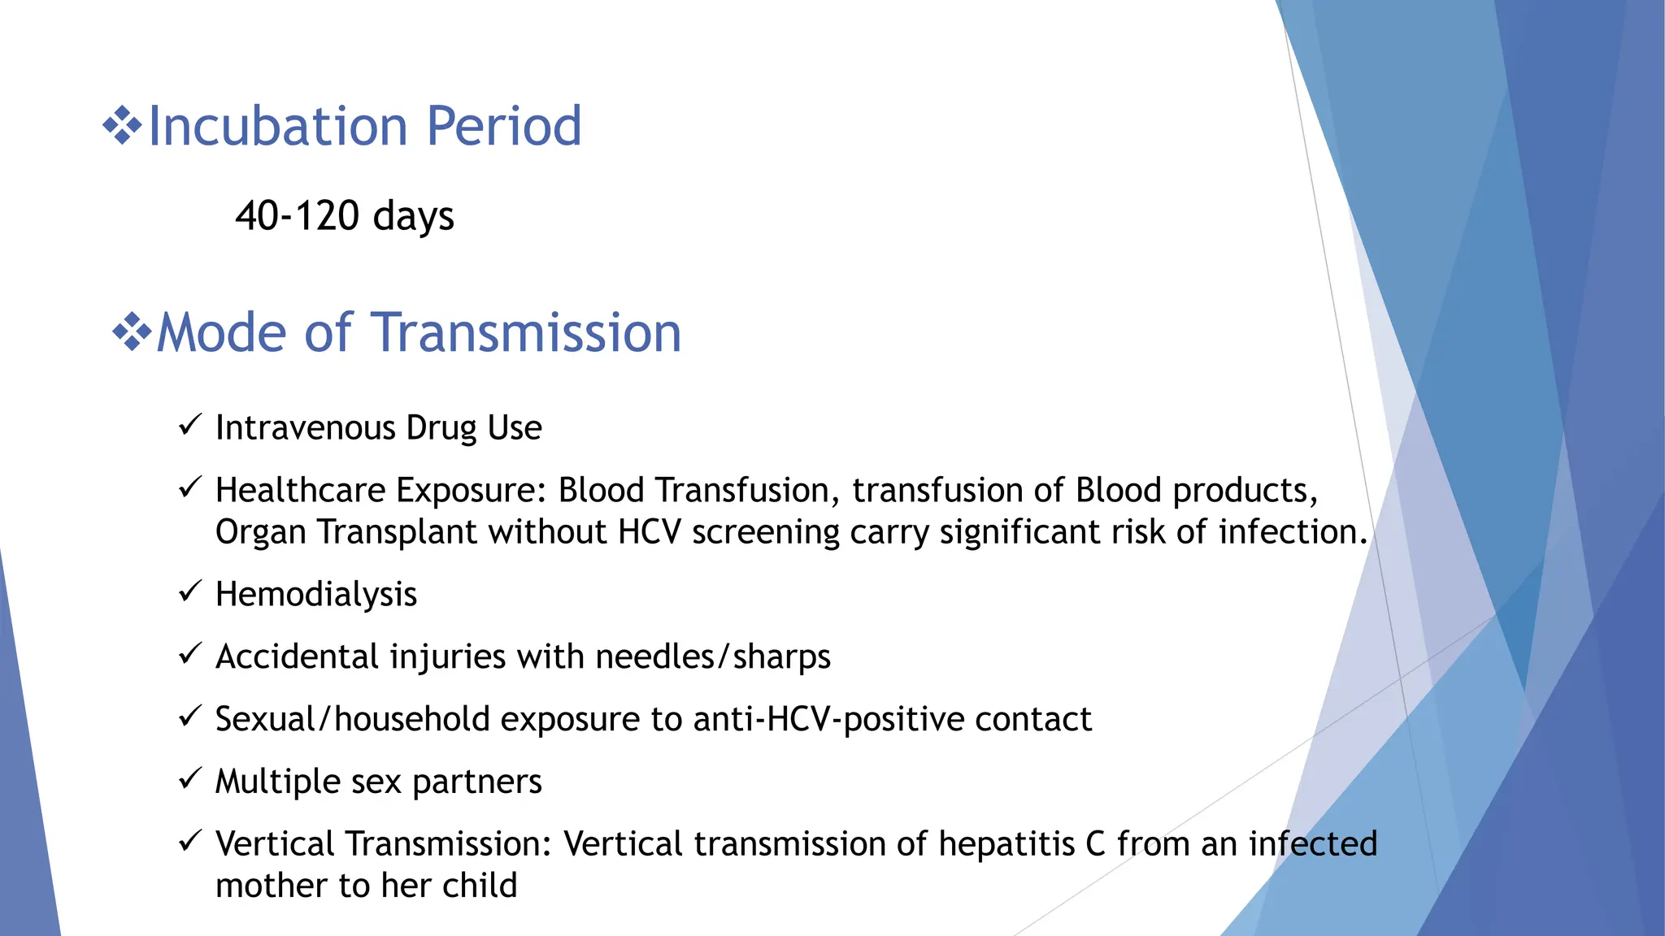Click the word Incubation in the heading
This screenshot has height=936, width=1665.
(277, 127)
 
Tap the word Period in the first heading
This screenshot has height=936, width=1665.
(503, 127)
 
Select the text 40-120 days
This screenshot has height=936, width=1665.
(345, 216)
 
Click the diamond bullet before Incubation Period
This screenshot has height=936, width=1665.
(122, 127)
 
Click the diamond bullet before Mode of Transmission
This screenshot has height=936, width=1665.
(132, 333)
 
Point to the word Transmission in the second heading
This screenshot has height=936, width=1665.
(527, 333)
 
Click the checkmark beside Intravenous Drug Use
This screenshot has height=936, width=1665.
(189, 424)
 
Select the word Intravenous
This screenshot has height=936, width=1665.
(305, 428)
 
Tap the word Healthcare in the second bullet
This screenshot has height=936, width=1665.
(299, 491)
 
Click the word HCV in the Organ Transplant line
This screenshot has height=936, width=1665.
(649, 532)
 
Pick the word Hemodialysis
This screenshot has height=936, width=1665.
(316, 595)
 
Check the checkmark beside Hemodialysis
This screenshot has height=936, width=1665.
(189, 591)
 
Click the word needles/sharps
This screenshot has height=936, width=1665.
(712, 656)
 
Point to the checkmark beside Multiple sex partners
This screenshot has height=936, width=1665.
(189, 778)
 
